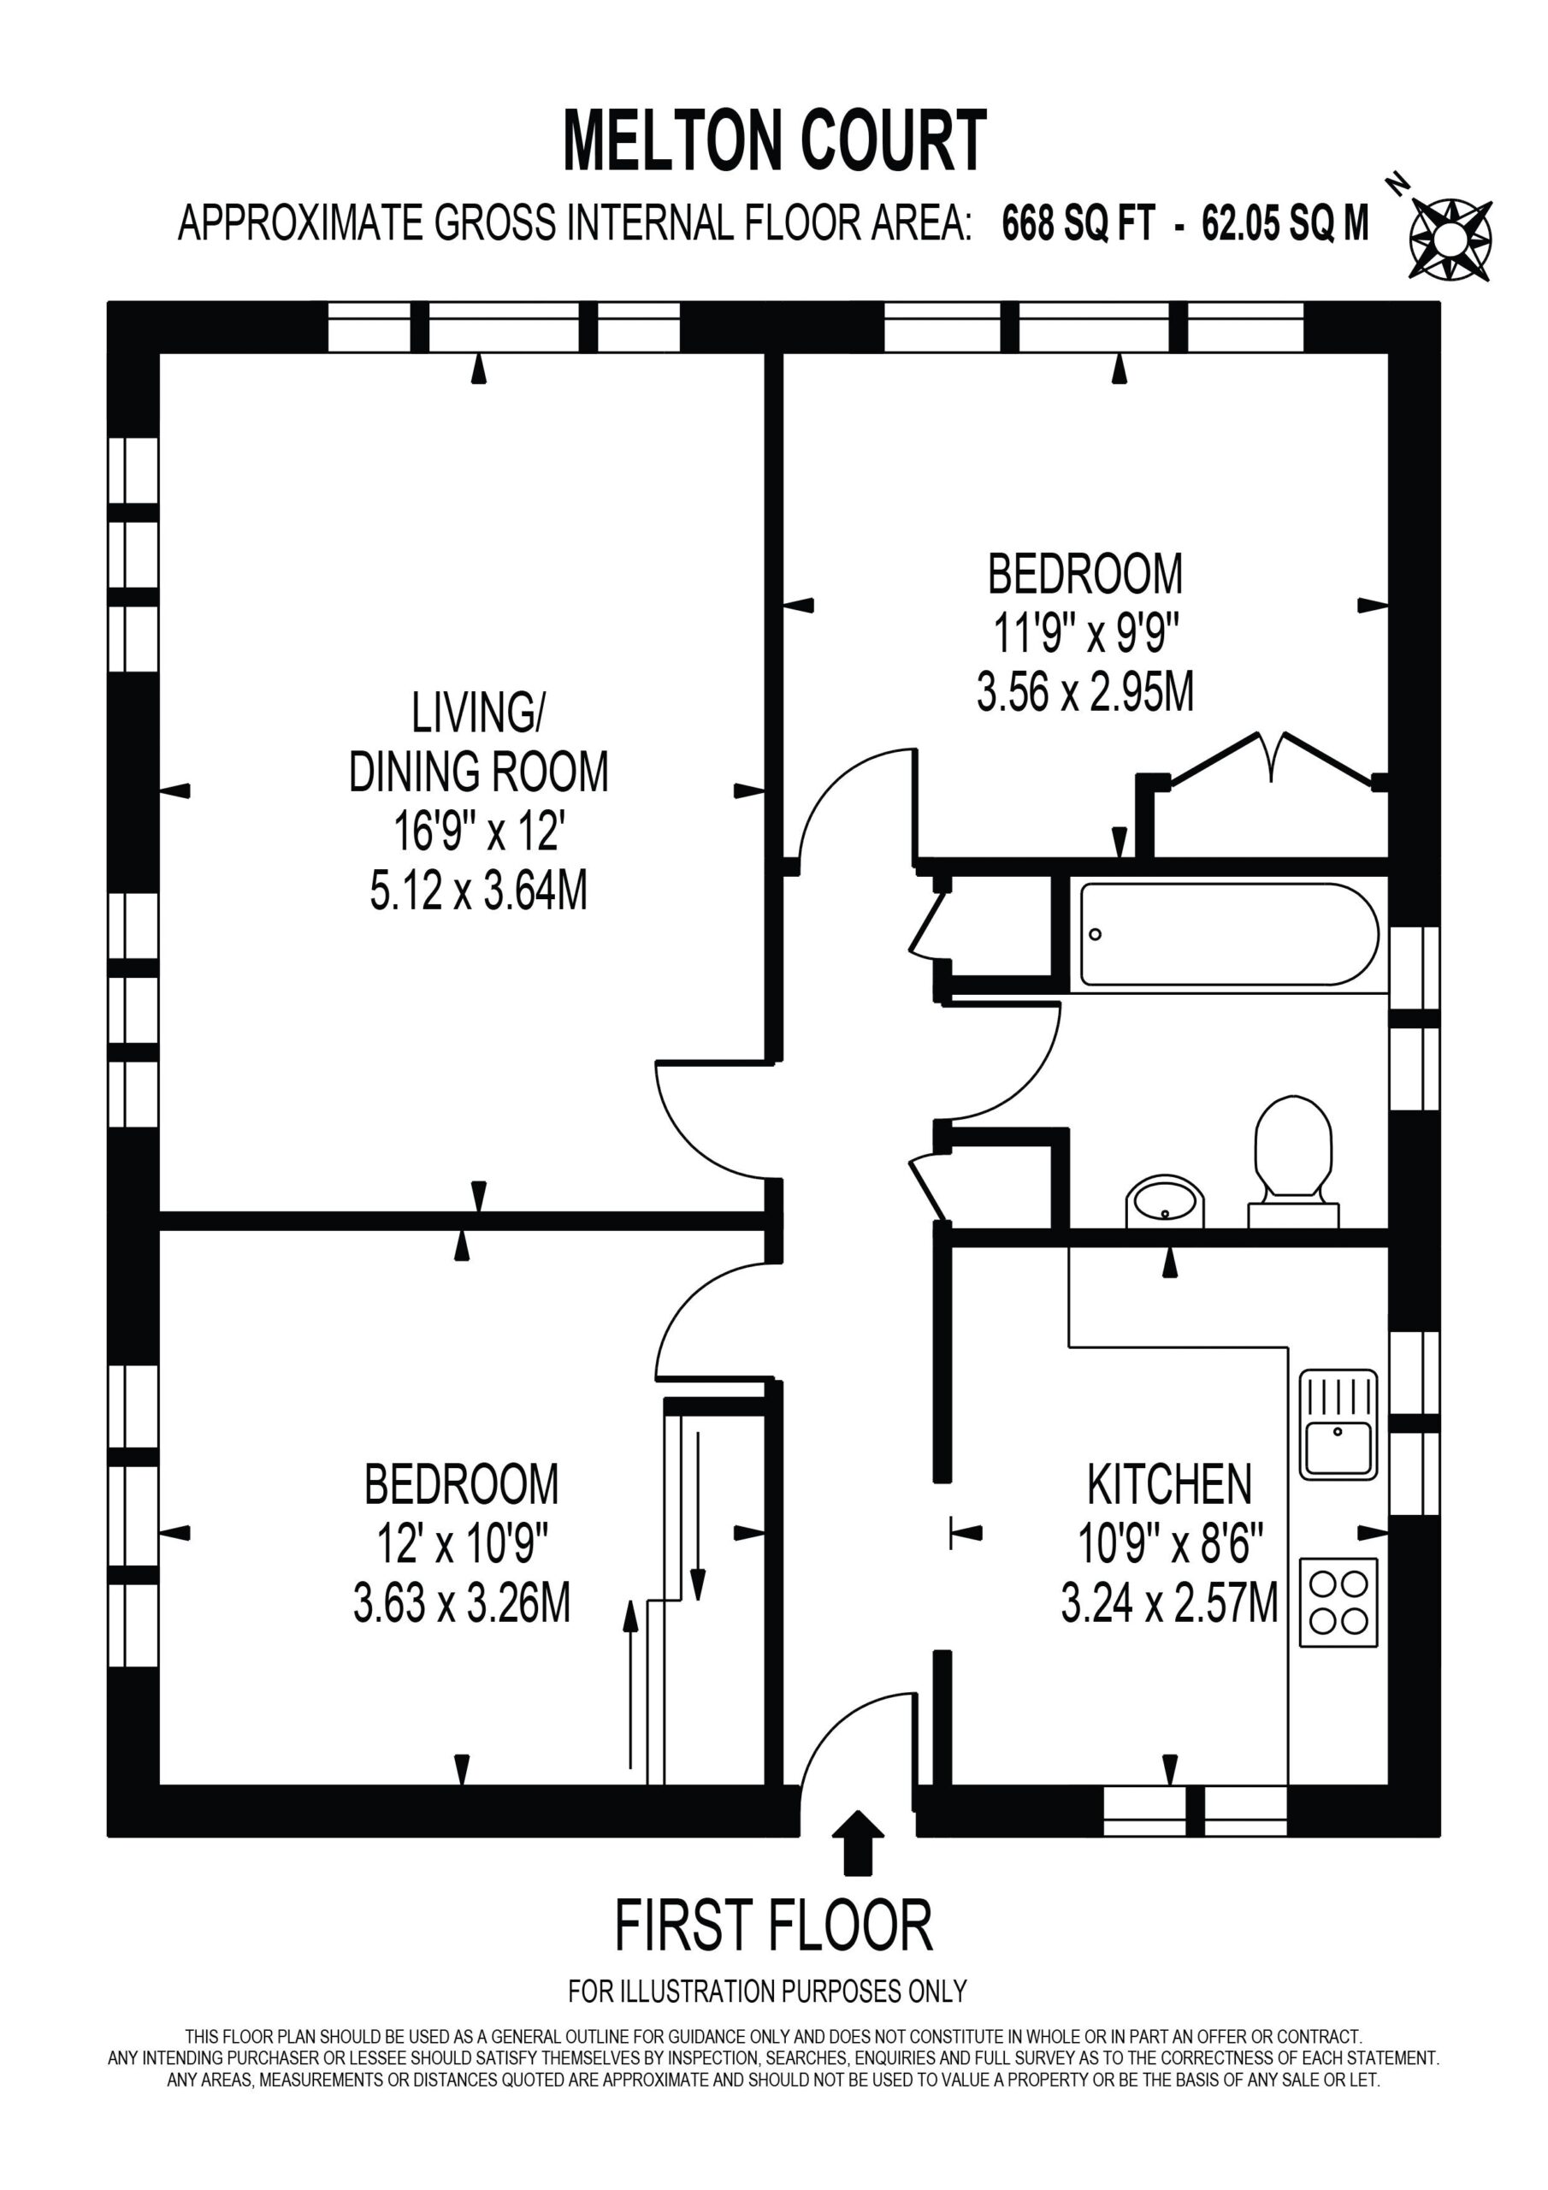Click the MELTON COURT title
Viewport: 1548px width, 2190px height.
(x=775, y=140)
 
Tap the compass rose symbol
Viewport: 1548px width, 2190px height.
(x=1450, y=240)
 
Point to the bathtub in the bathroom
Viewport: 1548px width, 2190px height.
(x=1230, y=935)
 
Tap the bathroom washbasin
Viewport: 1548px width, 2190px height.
(x=1165, y=1201)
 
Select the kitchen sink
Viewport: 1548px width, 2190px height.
(x=1338, y=1425)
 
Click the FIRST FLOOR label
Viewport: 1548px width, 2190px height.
(x=773, y=1926)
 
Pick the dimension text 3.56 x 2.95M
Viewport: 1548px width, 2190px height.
(x=1085, y=691)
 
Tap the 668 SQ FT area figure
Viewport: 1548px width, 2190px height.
(x=1078, y=224)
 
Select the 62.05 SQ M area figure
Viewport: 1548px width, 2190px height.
(x=1285, y=224)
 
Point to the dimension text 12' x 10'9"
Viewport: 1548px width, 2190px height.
(x=463, y=1543)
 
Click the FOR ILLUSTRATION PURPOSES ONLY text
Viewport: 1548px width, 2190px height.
(x=768, y=1991)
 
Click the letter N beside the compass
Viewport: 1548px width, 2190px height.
(x=1398, y=183)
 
